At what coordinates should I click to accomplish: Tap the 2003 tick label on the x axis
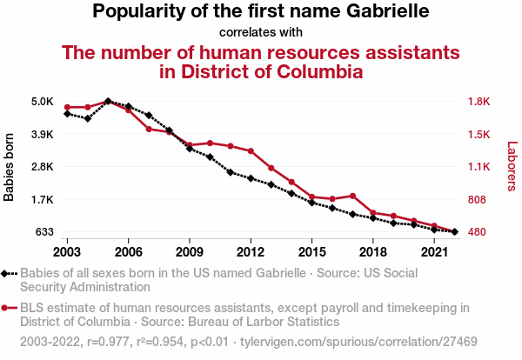(67, 252)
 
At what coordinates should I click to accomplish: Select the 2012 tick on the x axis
(251, 252)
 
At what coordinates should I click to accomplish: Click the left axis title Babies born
(10, 167)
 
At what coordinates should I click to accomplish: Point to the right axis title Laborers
(512, 167)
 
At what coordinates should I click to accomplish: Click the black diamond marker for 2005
(108, 102)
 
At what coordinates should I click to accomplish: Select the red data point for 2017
(352, 196)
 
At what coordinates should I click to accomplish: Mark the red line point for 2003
(67, 107)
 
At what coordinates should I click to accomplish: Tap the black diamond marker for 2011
(231, 172)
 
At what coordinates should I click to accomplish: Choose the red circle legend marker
(7, 307)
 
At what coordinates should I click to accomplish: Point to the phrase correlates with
(261, 33)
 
